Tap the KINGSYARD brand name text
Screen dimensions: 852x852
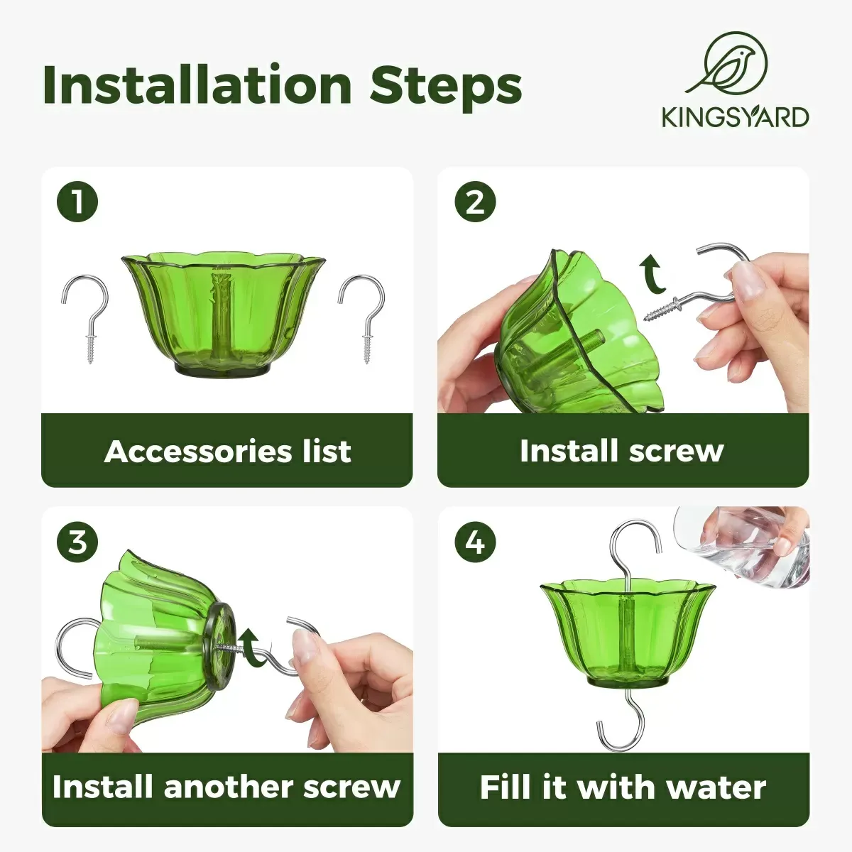[x=735, y=117]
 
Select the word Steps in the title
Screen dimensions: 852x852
[x=446, y=85]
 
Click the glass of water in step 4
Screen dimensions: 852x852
[x=745, y=543]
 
